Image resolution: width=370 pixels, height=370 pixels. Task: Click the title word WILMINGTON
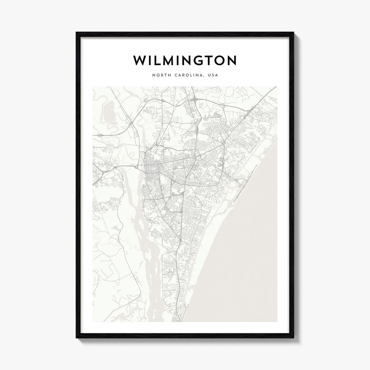185,61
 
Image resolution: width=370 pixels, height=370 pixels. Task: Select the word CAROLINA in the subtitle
187,76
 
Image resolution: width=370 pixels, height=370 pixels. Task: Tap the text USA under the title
212,76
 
